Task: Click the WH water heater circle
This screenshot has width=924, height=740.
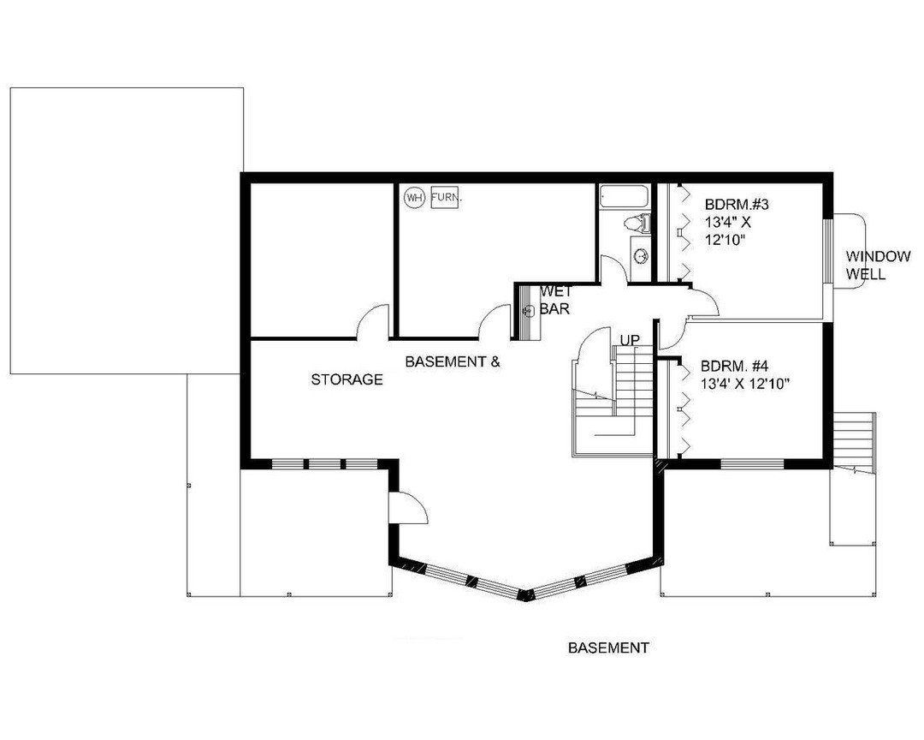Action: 414,197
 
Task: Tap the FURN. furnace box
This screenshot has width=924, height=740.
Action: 446,196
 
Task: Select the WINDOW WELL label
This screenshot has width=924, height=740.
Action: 878,265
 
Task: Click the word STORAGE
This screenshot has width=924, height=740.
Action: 346,379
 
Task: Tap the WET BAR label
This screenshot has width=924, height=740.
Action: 555,300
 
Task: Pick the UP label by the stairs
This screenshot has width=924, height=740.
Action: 630,341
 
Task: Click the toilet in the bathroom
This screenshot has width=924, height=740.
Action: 637,223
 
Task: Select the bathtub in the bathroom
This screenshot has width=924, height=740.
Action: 625,196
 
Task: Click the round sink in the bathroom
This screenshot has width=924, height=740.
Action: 641,256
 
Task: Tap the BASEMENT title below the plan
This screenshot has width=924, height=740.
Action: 608,648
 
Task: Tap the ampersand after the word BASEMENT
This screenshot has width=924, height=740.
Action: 495,361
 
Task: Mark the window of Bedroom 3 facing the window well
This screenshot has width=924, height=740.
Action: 827,251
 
